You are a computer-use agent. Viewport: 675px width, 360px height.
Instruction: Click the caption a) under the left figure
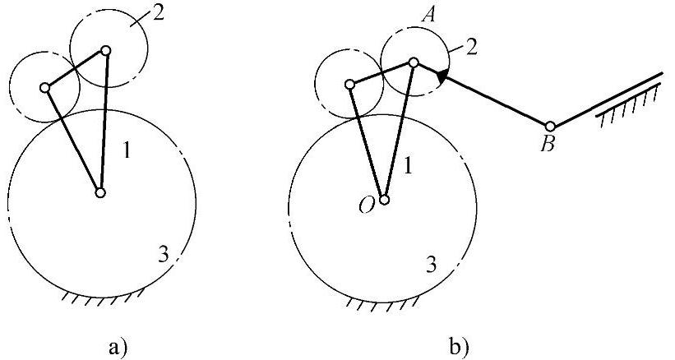click(x=118, y=344)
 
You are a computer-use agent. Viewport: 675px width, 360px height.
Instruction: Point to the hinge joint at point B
click(x=550, y=126)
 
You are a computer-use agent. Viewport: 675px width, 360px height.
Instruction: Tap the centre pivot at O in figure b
click(x=384, y=198)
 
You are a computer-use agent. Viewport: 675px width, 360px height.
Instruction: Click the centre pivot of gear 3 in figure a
click(x=99, y=193)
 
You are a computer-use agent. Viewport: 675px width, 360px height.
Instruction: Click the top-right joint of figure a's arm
click(x=105, y=50)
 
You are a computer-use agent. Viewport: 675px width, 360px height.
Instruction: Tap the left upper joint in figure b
click(x=349, y=83)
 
